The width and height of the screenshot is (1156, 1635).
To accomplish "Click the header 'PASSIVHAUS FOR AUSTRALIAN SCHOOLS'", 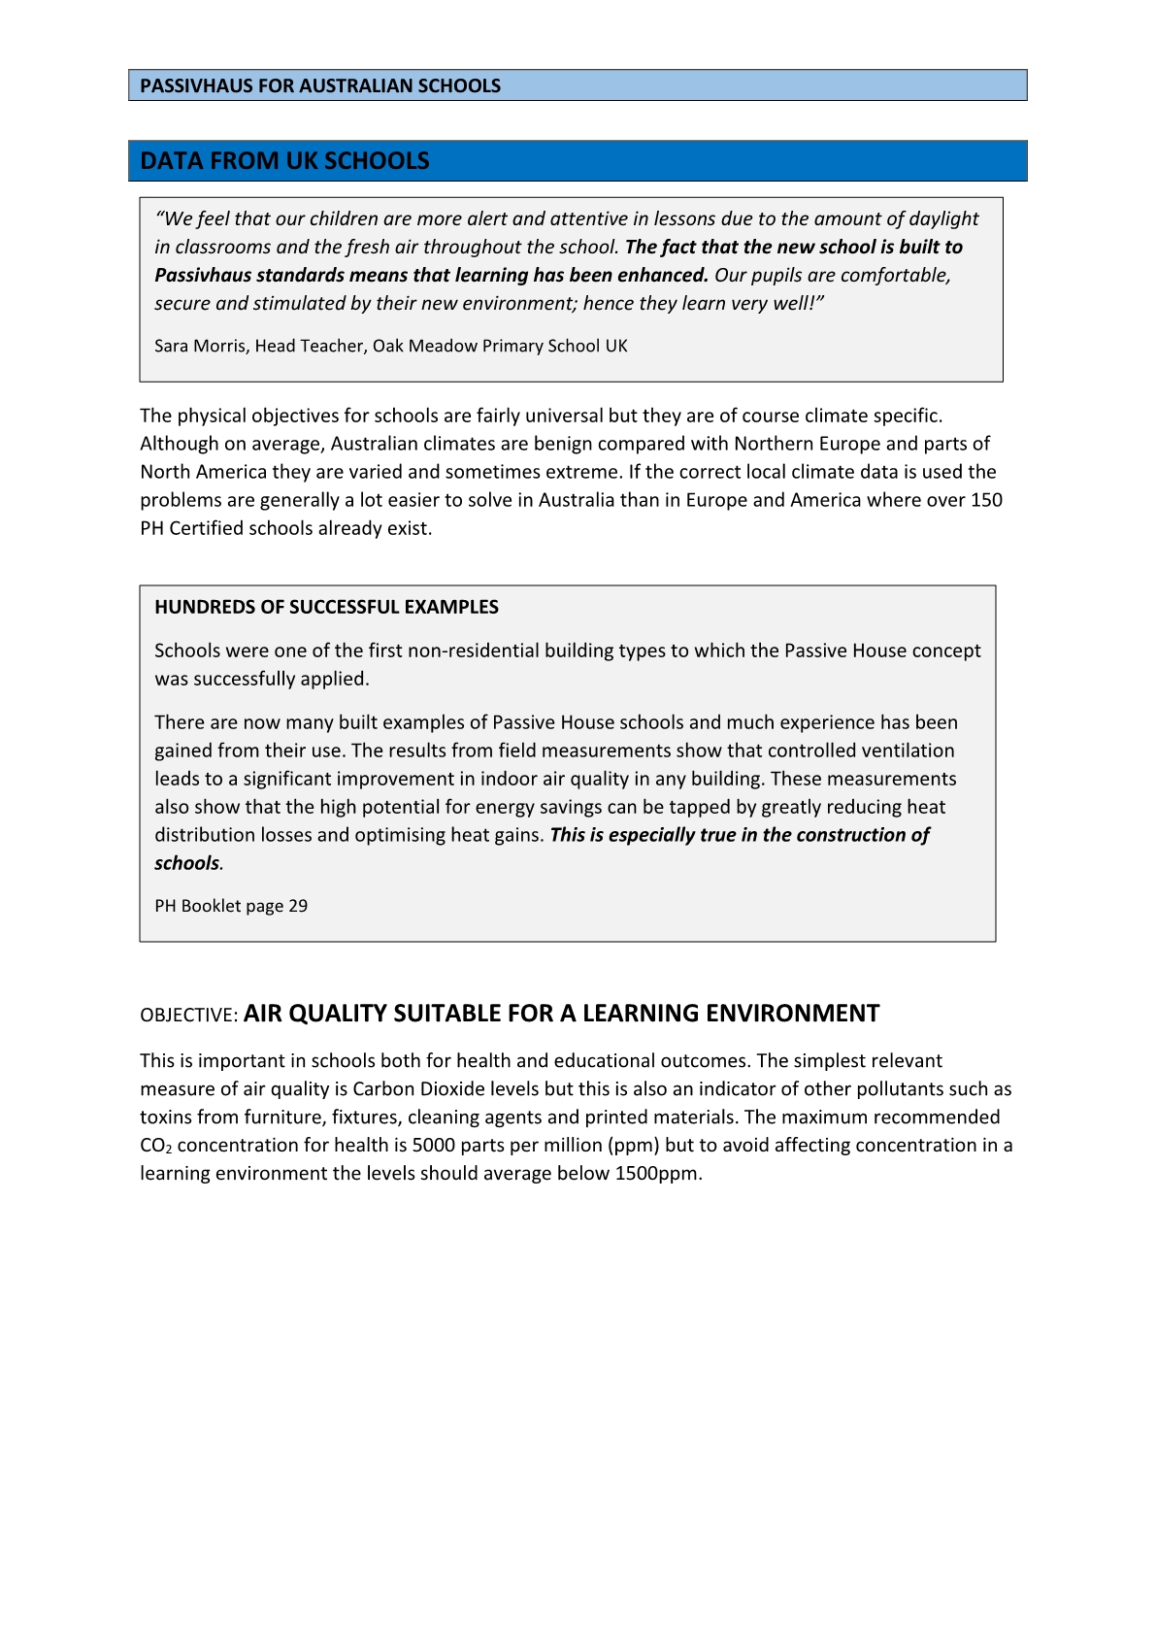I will pos(320,85).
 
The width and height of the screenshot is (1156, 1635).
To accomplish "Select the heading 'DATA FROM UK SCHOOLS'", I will pos(284,161).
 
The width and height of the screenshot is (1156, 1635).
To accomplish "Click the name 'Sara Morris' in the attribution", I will pos(199,346).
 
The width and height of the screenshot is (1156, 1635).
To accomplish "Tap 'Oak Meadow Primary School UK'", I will pos(500,346).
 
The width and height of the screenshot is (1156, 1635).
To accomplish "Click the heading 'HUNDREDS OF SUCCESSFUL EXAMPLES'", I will pos(326,607).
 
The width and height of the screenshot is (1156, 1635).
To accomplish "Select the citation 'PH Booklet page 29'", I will pos(231,906).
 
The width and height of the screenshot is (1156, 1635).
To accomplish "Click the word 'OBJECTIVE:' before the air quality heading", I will pos(188,1016).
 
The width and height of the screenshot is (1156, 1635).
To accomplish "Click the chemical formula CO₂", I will pos(155,1147).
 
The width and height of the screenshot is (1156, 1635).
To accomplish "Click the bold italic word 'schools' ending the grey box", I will pos(187,863).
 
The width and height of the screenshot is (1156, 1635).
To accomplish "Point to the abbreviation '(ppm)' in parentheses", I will pos(634,1146).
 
